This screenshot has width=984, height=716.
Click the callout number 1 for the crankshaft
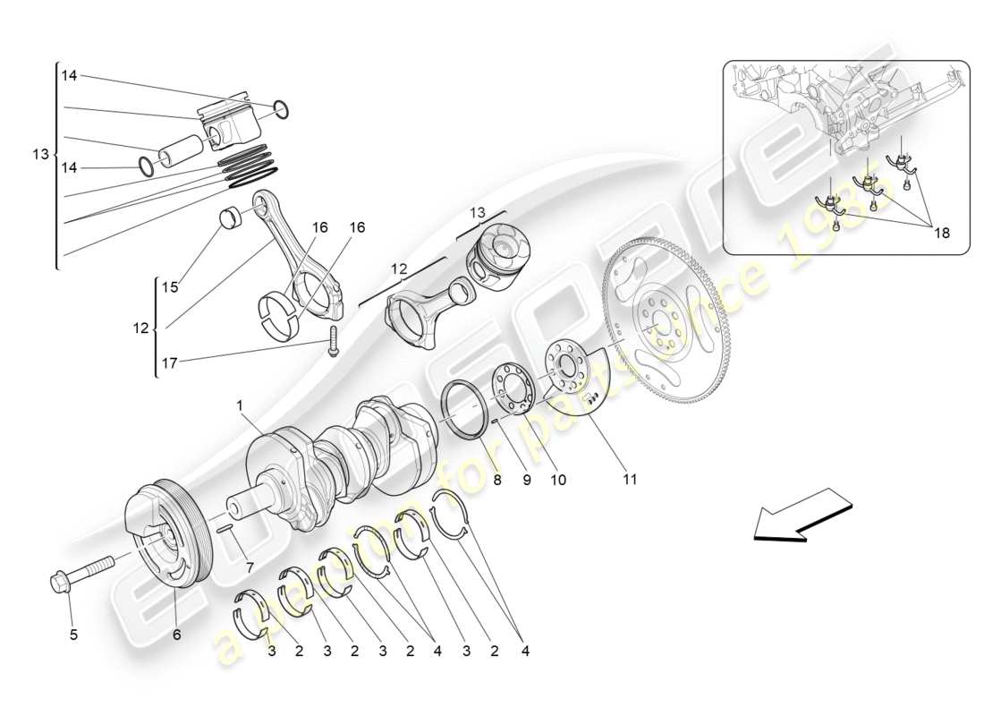pyautogui.click(x=240, y=405)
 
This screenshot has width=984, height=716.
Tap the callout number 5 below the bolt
pyautogui.click(x=73, y=635)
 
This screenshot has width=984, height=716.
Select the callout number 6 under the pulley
pyautogui.click(x=176, y=635)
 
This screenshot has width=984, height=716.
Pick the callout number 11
pyautogui.click(x=630, y=480)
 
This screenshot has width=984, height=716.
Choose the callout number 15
pyautogui.click(x=170, y=287)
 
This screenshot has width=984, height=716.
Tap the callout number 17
pyautogui.click(x=170, y=363)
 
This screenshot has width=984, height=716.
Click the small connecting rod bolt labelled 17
pyautogui.click(x=332, y=341)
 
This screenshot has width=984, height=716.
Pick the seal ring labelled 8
pyautogui.click(x=466, y=408)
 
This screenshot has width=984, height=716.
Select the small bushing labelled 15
pyautogui.click(x=232, y=218)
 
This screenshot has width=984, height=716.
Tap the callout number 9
pyautogui.click(x=526, y=480)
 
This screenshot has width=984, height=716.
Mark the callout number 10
pyautogui.click(x=558, y=480)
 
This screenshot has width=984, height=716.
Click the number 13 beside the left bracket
pyautogui.click(x=40, y=154)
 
